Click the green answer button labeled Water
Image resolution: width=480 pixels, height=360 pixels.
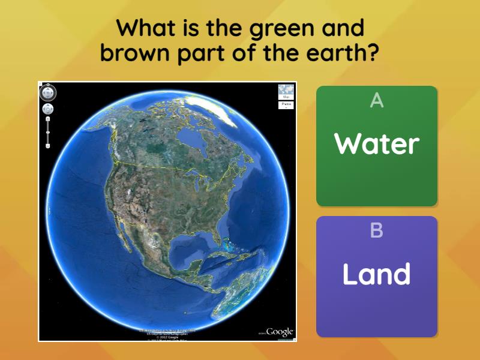pos(377,146)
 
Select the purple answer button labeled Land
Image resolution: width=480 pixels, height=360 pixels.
pos(377,276)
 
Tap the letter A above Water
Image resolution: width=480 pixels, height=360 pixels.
pos(377,101)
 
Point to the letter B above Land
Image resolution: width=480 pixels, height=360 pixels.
pos(377,230)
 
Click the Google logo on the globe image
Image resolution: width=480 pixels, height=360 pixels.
pos(279,332)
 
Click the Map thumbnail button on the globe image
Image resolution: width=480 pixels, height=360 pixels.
pos(286,91)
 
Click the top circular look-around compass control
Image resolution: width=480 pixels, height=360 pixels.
pos(48,92)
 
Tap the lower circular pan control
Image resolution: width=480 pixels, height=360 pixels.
pos(48,109)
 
